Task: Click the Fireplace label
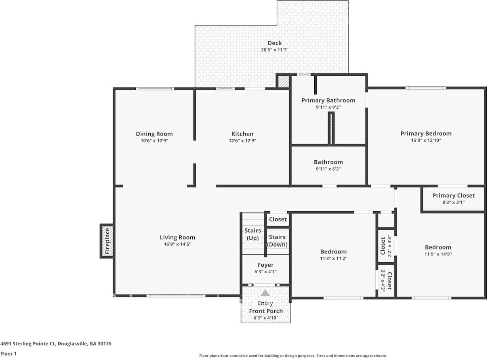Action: (x=107, y=241)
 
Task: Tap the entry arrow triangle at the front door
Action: (x=265, y=293)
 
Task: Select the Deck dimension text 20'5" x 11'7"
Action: (x=274, y=50)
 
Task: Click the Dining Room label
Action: (x=154, y=134)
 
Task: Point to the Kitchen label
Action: (x=242, y=134)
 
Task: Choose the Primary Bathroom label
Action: (x=328, y=100)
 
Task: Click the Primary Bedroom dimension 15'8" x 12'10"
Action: (x=426, y=140)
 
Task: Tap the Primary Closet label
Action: (x=453, y=196)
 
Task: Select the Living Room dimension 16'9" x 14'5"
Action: (x=177, y=244)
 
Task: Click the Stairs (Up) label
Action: (x=252, y=234)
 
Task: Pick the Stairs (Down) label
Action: (x=277, y=241)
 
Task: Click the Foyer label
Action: (x=265, y=265)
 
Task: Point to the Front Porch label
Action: (x=266, y=311)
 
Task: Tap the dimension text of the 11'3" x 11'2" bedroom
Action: (x=334, y=258)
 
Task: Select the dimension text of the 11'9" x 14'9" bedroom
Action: (x=438, y=254)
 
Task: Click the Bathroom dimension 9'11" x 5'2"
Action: (x=328, y=169)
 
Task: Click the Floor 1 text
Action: (x=9, y=354)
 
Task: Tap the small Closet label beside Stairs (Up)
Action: (x=278, y=220)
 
